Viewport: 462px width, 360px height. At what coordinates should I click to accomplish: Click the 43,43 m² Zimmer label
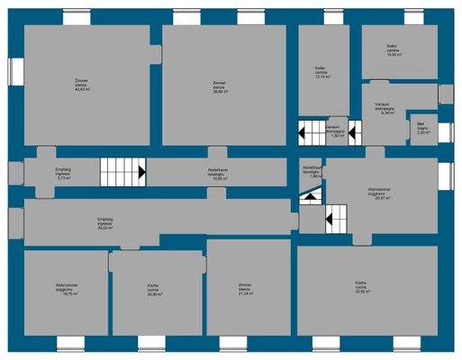coord(82,86)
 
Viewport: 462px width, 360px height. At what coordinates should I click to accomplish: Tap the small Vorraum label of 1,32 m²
coord(332,132)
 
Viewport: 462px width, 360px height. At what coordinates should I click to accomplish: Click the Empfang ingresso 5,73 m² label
coord(63,175)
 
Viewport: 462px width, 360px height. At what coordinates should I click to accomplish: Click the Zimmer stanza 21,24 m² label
coord(245,289)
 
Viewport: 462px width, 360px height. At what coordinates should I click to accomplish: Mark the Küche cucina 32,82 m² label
coord(364,289)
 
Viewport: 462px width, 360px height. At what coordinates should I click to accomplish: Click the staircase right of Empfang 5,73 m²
coord(123,168)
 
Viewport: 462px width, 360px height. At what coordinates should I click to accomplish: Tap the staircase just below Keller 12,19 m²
coord(317,133)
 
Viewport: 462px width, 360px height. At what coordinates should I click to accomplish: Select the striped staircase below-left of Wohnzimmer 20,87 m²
coord(335,216)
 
